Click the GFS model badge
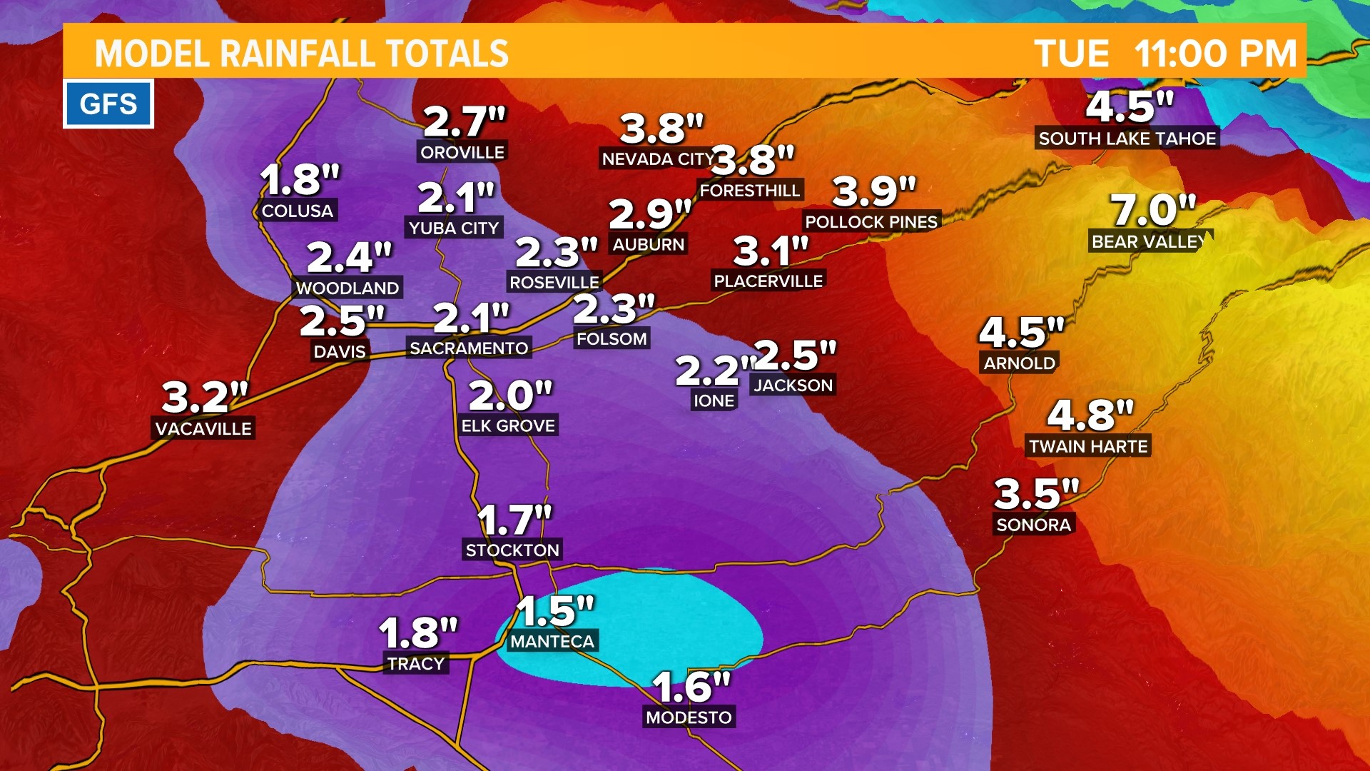(108, 104)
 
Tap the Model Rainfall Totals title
(301, 54)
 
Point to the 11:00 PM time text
(1214, 54)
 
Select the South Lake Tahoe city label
(1127, 138)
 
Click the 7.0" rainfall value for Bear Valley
(1152, 211)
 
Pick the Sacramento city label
(469, 348)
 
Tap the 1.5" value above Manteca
(554, 611)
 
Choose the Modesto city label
(689, 717)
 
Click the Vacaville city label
(203, 429)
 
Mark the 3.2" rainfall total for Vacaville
(204, 397)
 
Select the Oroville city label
(462, 152)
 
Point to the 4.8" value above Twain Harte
(1090, 415)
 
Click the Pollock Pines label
(871, 222)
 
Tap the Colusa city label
(298, 211)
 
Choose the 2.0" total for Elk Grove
(510, 395)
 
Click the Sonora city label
(1033, 525)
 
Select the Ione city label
(714, 401)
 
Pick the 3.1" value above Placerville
(771, 251)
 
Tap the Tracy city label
(416, 664)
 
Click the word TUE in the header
(1072, 54)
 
